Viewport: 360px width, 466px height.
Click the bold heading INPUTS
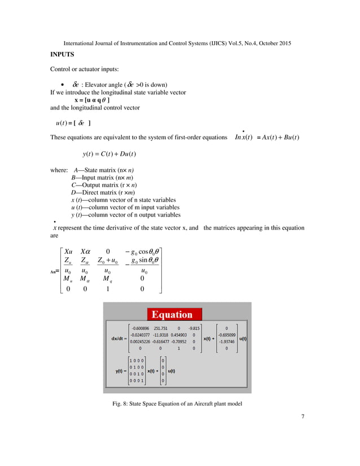point(63,55)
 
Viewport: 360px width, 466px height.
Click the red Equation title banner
point(177,314)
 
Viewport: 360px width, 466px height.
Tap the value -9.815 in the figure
point(194,327)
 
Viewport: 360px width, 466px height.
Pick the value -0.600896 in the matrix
point(139,327)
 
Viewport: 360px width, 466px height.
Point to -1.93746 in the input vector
point(226,341)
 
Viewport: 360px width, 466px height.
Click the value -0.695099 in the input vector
point(226,335)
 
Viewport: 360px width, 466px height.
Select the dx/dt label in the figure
point(119,338)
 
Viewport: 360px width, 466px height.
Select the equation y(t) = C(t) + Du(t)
point(109,153)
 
